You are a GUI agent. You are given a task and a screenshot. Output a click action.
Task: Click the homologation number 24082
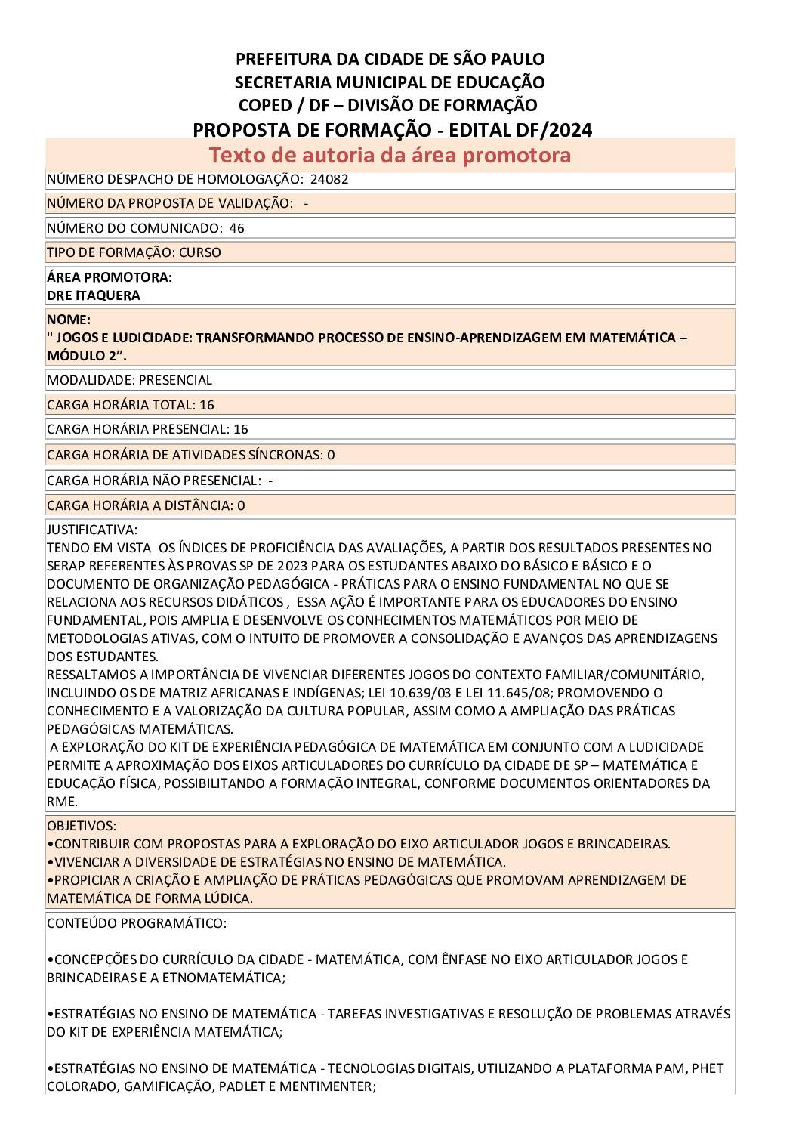pyautogui.click(x=329, y=179)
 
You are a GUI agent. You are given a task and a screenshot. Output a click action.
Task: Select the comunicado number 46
pyautogui.click(x=236, y=228)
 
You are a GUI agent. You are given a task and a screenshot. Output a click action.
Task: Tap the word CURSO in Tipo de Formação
pyautogui.click(x=200, y=252)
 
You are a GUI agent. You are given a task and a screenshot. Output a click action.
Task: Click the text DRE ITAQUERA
pyautogui.click(x=94, y=295)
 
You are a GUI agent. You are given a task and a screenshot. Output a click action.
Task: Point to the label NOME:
pyautogui.click(x=69, y=320)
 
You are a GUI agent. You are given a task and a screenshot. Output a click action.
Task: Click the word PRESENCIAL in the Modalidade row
pyautogui.click(x=175, y=380)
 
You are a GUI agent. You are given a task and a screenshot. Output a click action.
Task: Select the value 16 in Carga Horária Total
pyautogui.click(x=206, y=405)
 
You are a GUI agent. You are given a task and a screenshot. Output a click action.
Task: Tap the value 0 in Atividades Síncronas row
pyautogui.click(x=331, y=455)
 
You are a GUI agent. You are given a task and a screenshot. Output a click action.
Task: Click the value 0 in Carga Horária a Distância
pyautogui.click(x=241, y=505)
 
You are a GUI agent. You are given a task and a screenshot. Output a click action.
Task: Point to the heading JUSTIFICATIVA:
pyautogui.click(x=92, y=530)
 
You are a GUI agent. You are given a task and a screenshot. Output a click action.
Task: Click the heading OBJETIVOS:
pyautogui.click(x=82, y=826)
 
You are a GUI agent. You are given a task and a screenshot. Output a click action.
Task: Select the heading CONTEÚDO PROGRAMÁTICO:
pyautogui.click(x=137, y=923)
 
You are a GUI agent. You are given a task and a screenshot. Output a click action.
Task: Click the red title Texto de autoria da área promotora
pyautogui.click(x=390, y=155)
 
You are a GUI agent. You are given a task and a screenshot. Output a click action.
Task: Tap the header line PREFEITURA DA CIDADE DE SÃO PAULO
pyautogui.click(x=390, y=59)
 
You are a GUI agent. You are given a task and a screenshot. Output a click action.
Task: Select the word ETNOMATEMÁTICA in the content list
pyautogui.click(x=227, y=978)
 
